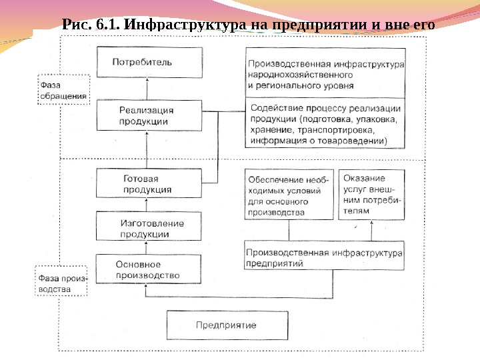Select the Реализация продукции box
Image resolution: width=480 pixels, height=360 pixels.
click(x=149, y=115)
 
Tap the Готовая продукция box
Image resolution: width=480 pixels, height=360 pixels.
click(x=149, y=183)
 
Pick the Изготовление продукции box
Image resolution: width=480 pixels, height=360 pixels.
click(x=149, y=227)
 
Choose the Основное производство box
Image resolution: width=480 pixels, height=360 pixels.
click(x=149, y=269)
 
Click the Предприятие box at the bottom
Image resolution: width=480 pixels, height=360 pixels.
click(x=226, y=326)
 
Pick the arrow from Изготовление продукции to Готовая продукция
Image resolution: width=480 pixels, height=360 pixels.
click(x=149, y=205)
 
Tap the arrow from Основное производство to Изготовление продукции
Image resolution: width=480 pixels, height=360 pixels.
click(x=149, y=247)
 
